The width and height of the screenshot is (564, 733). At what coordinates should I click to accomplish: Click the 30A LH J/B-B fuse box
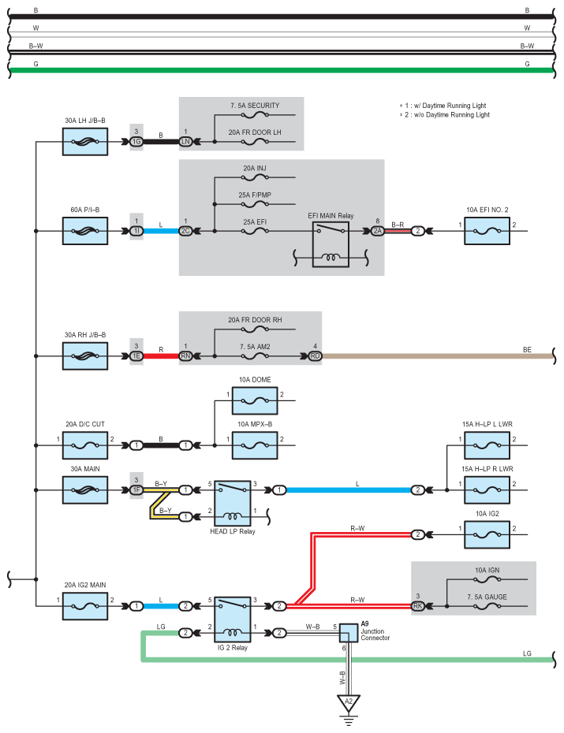[x=85, y=142]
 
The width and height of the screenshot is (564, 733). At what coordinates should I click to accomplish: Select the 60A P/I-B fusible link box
[x=85, y=231]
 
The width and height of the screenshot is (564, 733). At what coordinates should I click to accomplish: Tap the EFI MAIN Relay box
[x=331, y=244]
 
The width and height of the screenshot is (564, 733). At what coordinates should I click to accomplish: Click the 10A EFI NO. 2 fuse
[x=487, y=231]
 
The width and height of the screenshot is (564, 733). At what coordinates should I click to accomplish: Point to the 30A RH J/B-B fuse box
[x=85, y=356]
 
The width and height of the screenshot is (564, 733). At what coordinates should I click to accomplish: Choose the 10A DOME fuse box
[x=255, y=400]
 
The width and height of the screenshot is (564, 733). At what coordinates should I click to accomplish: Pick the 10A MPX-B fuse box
[x=255, y=445]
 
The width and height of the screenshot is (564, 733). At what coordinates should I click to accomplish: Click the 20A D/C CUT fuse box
[x=85, y=445]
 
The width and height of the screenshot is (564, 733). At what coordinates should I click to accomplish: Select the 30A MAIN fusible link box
[x=85, y=490]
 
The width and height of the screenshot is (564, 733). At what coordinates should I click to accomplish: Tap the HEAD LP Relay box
[x=233, y=504]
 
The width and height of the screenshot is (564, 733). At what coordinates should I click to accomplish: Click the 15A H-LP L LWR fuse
[x=487, y=445]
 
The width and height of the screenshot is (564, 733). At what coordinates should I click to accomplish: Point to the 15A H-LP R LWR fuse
[x=487, y=490]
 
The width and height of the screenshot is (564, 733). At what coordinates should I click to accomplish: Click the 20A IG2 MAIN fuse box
[x=85, y=606]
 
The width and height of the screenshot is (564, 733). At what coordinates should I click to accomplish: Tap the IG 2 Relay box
[x=233, y=620]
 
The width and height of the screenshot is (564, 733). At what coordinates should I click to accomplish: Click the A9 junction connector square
[x=349, y=633]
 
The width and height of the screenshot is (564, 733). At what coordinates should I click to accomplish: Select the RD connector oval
[x=316, y=356]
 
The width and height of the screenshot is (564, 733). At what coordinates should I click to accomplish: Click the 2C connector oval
[x=185, y=231]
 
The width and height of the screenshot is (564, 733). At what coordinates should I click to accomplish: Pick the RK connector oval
[x=417, y=606]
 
